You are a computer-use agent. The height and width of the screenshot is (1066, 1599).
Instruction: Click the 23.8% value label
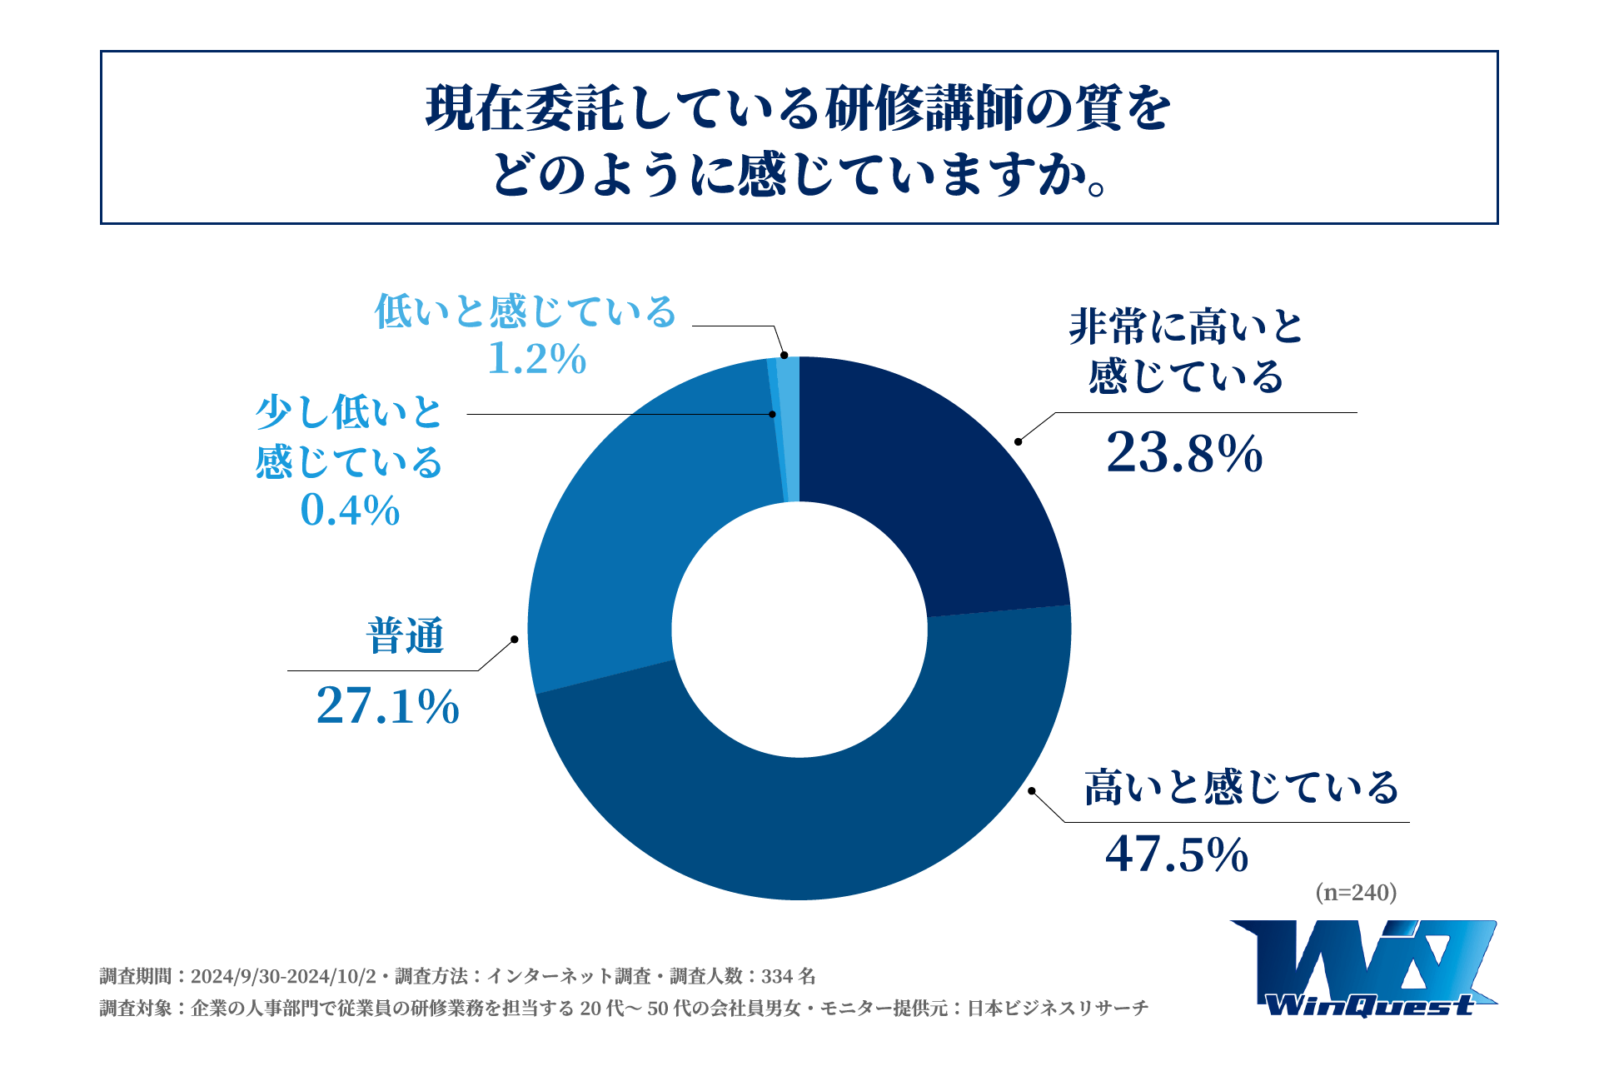click(x=1184, y=454)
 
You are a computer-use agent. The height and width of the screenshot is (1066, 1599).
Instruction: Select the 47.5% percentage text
click(x=1177, y=854)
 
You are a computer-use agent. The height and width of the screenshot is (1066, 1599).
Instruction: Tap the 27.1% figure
click(x=388, y=706)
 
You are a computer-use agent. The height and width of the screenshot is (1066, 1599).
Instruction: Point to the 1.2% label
click(x=537, y=359)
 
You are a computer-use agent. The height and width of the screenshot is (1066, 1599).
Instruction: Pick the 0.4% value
click(x=350, y=510)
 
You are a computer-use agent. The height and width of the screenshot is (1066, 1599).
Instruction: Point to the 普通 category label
click(x=406, y=636)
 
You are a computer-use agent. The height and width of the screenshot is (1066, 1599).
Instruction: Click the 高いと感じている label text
click(x=1241, y=787)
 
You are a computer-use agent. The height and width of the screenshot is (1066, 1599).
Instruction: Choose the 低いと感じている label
click(x=526, y=311)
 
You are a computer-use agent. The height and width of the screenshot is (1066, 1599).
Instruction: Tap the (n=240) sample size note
click(x=1356, y=893)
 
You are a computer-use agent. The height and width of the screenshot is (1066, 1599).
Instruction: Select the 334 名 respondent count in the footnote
click(x=788, y=976)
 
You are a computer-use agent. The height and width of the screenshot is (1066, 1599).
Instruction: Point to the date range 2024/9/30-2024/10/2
click(x=283, y=976)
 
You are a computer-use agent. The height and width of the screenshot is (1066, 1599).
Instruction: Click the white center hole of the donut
click(x=799, y=630)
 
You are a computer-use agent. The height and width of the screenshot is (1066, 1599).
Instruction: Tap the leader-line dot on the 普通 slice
click(x=514, y=640)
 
